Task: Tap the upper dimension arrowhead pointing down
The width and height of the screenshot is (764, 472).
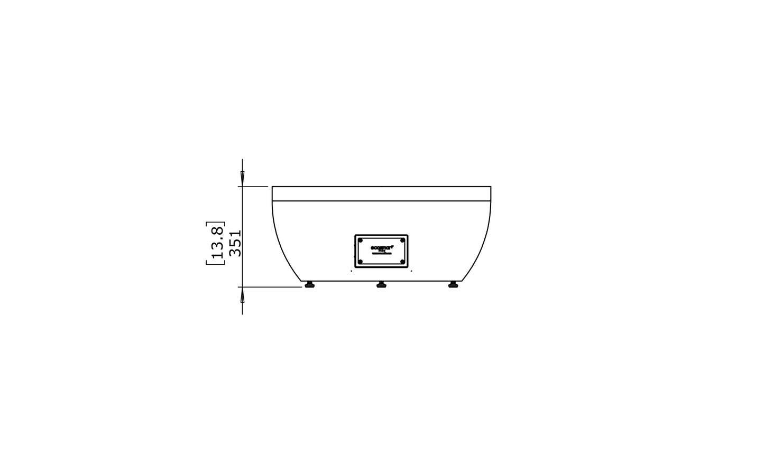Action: click(x=242, y=177)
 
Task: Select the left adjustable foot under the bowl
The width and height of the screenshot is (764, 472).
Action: click(x=309, y=285)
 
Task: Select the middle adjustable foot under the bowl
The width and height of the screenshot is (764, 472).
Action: click(x=381, y=285)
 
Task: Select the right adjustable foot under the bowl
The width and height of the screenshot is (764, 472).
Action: click(x=453, y=285)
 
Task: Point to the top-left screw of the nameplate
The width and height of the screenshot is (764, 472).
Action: click(x=361, y=240)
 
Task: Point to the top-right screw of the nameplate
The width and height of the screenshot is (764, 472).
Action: click(x=402, y=240)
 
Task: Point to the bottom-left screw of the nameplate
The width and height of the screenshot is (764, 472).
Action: click(x=361, y=262)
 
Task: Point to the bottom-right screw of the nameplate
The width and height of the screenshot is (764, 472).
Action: click(x=402, y=262)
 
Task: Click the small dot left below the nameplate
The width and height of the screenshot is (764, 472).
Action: click(x=352, y=271)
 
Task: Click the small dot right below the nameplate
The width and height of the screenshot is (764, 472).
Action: click(x=411, y=271)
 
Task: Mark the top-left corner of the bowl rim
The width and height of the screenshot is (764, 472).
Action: click(x=272, y=187)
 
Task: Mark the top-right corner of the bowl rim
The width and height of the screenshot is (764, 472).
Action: click(x=491, y=187)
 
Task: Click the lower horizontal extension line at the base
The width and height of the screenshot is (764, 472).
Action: click(x=270, y=287)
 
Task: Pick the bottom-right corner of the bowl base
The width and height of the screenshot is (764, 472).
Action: click(x=462, y=281)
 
